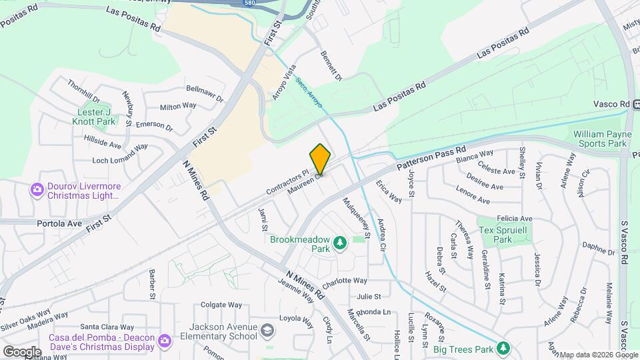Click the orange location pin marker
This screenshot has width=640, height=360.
point(320,159)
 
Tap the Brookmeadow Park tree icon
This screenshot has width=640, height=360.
point(340,242)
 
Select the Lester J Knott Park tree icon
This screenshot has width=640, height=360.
point(109,121)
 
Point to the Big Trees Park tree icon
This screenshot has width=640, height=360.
point(504,348)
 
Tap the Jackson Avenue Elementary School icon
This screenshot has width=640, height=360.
point(267,331)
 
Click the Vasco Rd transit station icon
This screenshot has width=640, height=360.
point(637,104)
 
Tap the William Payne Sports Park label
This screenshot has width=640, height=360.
point(600,139)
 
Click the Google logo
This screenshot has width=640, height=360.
point(21,351)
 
